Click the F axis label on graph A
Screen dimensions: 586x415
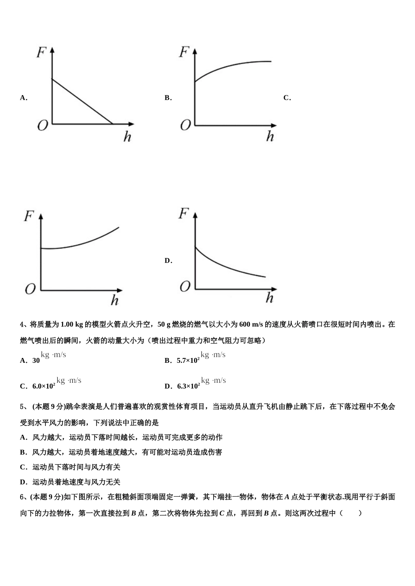(x=42, y=53)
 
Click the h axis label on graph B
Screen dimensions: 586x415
(x=270, y=136)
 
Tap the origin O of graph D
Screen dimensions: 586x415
(x=185, y=286)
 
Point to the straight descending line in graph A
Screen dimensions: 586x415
(x=82, y=101)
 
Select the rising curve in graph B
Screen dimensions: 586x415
(x=232, y=68)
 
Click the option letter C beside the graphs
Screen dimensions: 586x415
(x=287, y=98)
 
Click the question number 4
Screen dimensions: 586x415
(x=22, y=324)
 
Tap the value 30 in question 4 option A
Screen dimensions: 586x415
(x=36, y=361)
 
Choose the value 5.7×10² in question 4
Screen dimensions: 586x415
(x=188, y=360)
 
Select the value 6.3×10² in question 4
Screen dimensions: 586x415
(x=188, y=386)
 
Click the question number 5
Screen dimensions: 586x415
(x=22, y=407)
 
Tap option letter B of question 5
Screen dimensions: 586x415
(x=23, y=452)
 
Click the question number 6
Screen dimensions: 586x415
(x=22, y=497)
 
